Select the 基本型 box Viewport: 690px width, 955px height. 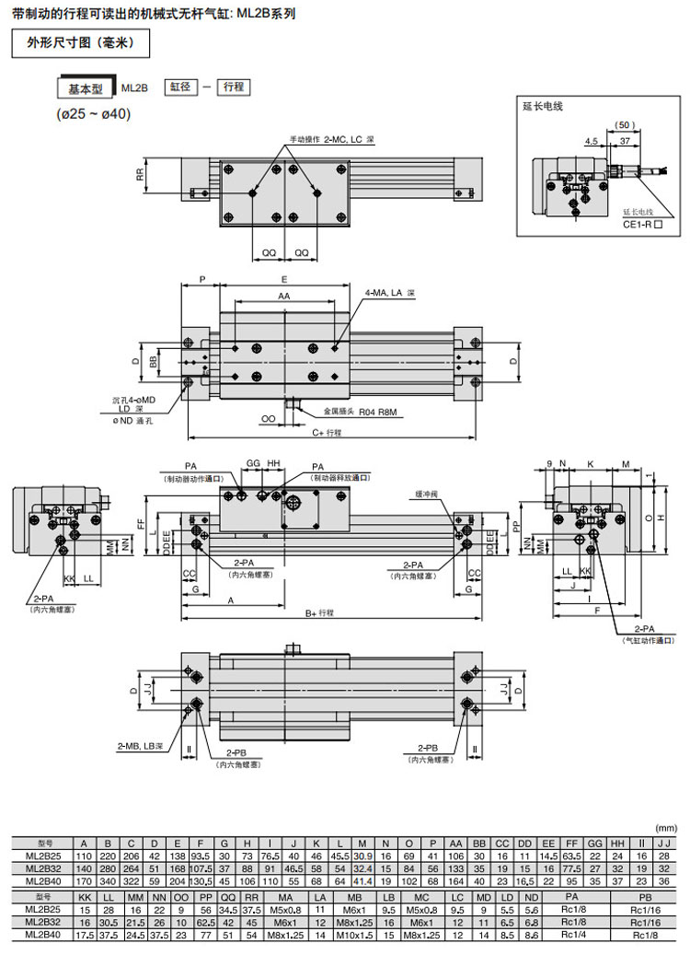(86, 89)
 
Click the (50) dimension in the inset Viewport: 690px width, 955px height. (626, 124)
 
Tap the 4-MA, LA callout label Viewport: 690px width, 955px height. (390, 293)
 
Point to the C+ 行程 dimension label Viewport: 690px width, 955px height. (327, 432)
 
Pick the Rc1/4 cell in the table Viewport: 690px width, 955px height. (570, 935)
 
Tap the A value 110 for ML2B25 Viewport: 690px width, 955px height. (85, 856)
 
